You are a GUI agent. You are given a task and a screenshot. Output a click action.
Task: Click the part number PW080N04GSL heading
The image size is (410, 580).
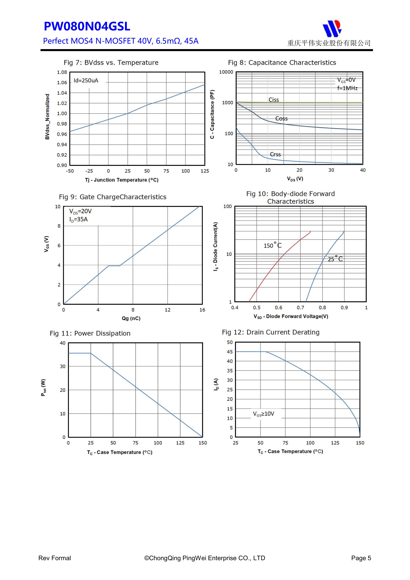87,26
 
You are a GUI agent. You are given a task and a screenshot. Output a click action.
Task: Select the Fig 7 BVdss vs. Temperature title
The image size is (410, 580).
111,63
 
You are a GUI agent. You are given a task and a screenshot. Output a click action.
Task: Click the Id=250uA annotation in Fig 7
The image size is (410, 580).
86,81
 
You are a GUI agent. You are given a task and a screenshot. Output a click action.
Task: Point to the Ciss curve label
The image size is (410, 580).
274,100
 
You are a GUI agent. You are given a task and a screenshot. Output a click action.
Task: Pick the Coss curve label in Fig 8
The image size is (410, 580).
281,119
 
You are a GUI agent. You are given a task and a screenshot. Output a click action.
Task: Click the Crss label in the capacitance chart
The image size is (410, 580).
275,154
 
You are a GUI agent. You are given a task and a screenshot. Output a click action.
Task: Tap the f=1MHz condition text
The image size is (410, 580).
347,88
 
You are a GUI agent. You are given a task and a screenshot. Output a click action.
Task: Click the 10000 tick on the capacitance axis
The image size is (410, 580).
226,72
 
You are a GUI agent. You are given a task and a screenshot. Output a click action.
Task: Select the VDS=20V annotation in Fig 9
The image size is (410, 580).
80,211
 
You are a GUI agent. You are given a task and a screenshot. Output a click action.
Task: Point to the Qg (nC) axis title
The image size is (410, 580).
131,318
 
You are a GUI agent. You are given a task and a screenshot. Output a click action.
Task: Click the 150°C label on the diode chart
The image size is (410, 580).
272,245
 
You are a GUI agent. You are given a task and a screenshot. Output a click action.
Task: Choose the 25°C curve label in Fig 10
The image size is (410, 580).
335,259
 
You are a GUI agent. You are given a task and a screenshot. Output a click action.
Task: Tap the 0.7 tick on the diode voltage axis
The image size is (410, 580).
300,308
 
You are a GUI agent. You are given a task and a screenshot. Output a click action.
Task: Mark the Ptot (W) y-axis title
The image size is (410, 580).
43,388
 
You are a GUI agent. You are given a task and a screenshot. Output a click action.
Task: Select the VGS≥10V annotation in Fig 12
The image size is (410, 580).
264,414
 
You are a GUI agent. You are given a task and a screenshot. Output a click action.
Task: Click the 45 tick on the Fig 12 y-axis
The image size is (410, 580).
230,352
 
